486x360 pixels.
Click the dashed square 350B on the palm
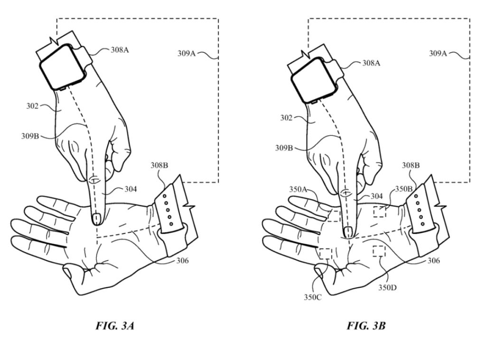(379, 212)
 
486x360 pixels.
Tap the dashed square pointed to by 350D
(379, 251)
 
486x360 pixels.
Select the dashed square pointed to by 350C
(326, 253)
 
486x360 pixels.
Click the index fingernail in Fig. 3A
(96, 218)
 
